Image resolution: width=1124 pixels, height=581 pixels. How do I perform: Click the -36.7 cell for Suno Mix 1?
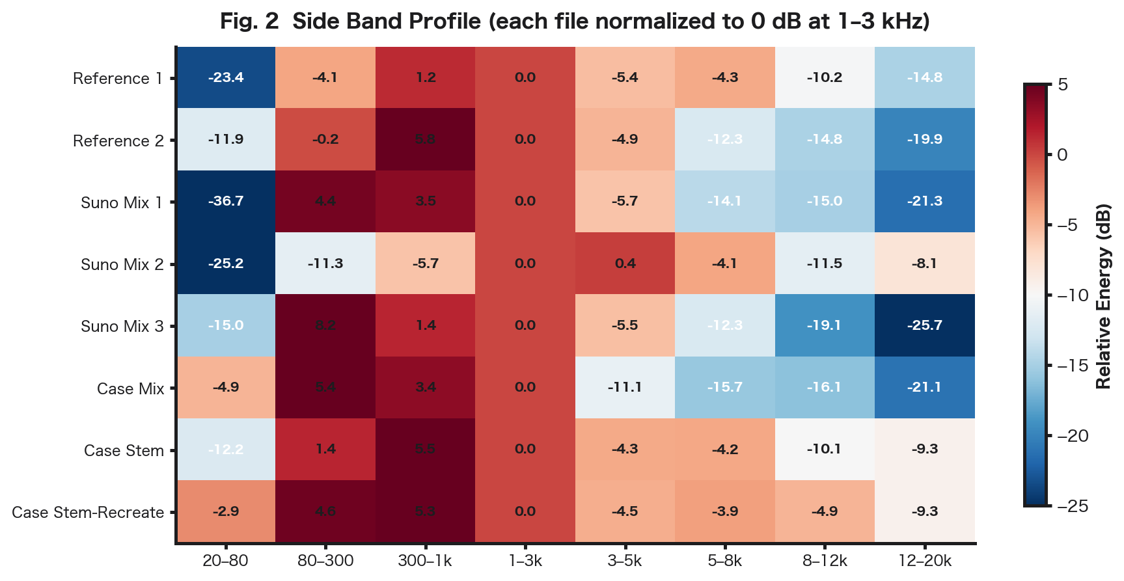[226, 201]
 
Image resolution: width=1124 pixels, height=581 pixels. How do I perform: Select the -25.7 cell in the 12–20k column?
[924, 325]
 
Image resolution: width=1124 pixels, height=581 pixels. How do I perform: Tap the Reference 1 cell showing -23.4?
[226, 77]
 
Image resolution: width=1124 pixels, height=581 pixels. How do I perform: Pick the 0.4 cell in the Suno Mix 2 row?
[625, 263]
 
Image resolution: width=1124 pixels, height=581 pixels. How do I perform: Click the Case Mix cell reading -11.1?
[625, 387]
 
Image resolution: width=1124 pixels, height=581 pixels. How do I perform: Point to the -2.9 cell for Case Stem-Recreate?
[226, 511]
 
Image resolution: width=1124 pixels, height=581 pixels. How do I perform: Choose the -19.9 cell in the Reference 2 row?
[924, 139]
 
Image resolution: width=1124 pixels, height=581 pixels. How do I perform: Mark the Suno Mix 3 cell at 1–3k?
[525, 325]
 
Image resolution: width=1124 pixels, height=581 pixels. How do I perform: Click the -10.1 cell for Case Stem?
[825, 449]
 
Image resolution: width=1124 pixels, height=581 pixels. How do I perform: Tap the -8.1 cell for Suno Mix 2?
[924, 263]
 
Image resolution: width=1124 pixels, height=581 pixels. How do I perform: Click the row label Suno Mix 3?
[122, 327]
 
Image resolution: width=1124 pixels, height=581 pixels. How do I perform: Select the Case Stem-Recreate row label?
[88, 513]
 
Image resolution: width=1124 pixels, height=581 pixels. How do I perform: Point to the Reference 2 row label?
[118, 141]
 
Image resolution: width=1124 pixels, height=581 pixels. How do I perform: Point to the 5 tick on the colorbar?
[1063, 85]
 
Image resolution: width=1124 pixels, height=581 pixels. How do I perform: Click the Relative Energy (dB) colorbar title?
[1103, 296]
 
